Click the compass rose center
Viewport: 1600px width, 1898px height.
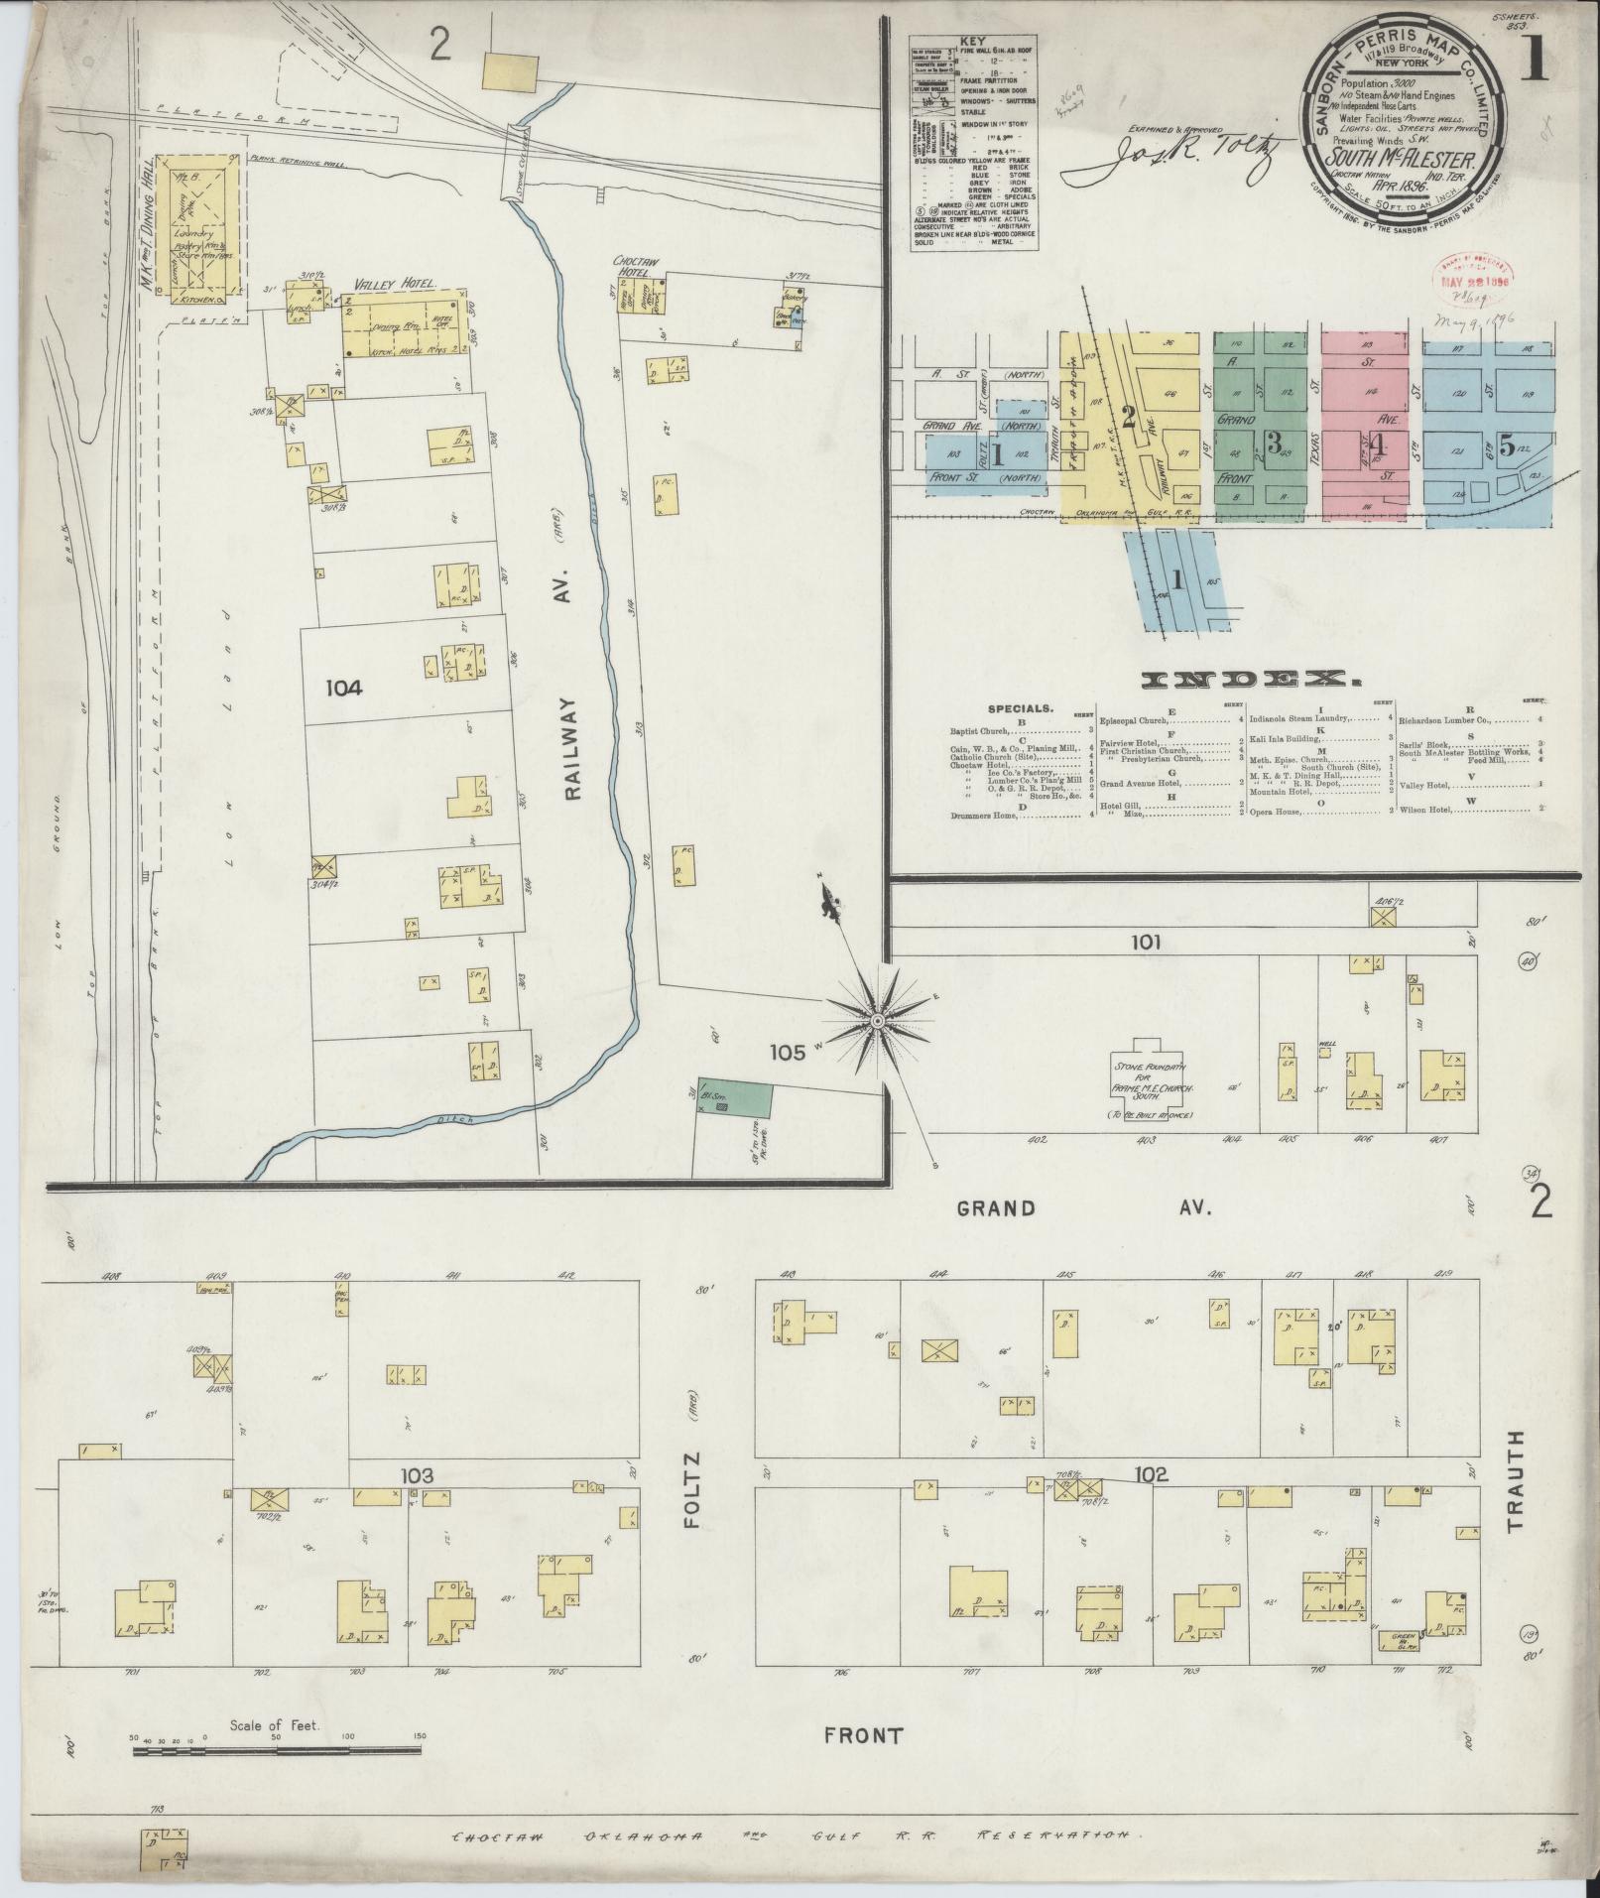879,1019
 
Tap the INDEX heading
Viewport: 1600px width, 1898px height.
1250,680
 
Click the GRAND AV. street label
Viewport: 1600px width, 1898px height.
1086,1207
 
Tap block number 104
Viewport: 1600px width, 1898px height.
341,687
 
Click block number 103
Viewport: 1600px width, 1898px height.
418,1476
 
